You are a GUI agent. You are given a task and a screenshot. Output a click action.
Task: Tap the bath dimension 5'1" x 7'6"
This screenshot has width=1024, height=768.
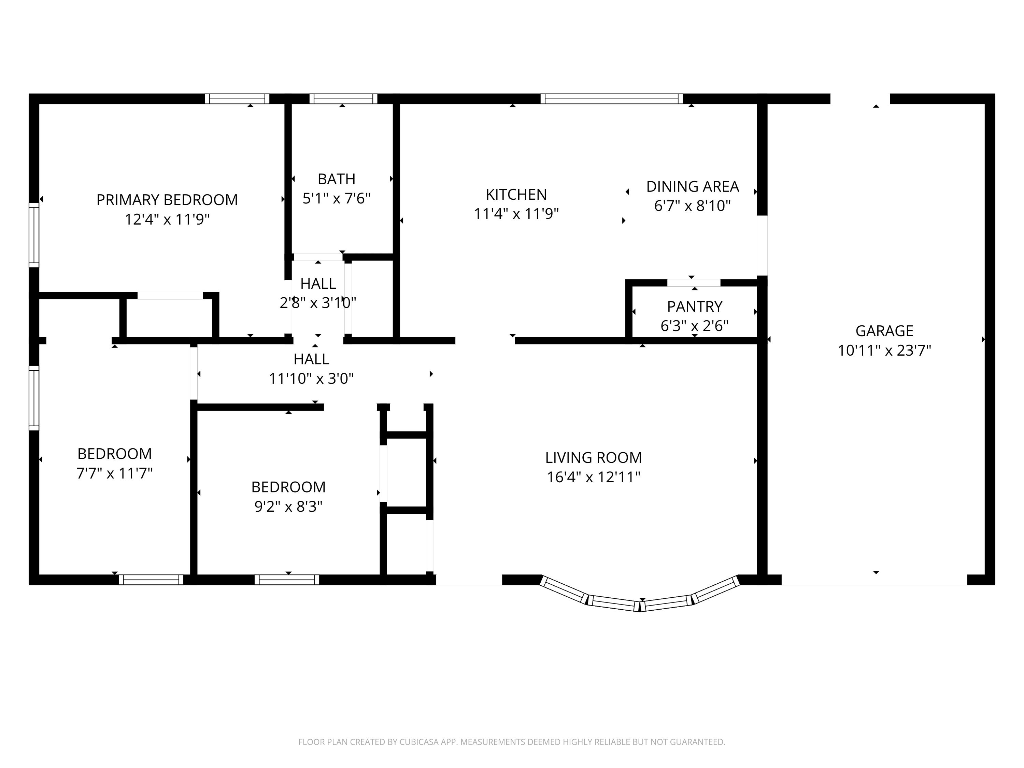(337, 199)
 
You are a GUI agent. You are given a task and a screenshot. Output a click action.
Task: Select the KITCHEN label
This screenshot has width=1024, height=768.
(516, 195)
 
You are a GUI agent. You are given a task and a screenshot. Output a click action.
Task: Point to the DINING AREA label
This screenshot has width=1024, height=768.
(692, 187)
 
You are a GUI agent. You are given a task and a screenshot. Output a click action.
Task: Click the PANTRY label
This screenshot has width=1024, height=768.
(694, 307)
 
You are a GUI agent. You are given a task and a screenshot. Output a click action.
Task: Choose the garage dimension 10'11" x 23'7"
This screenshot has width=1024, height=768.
(884, 351)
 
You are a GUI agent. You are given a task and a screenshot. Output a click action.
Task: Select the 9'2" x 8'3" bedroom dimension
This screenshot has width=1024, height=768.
(288, 507)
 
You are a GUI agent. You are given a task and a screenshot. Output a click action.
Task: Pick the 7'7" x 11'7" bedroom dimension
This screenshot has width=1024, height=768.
(114, 473)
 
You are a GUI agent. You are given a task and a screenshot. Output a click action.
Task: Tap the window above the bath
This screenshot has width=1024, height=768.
(343, 99)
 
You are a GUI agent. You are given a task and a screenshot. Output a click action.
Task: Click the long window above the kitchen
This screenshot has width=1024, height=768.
(611, 99)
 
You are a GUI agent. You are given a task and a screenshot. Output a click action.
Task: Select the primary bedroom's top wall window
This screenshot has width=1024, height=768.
(237, 99)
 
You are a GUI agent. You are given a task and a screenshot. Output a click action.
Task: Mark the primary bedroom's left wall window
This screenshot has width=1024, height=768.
(34, 235)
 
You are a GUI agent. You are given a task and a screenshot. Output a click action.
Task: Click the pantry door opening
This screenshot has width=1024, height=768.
(694, 283)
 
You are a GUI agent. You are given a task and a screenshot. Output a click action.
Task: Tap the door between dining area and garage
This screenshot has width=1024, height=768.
(762, 245)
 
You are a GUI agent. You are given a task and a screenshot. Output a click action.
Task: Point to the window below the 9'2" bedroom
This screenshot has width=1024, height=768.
(287, 580)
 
